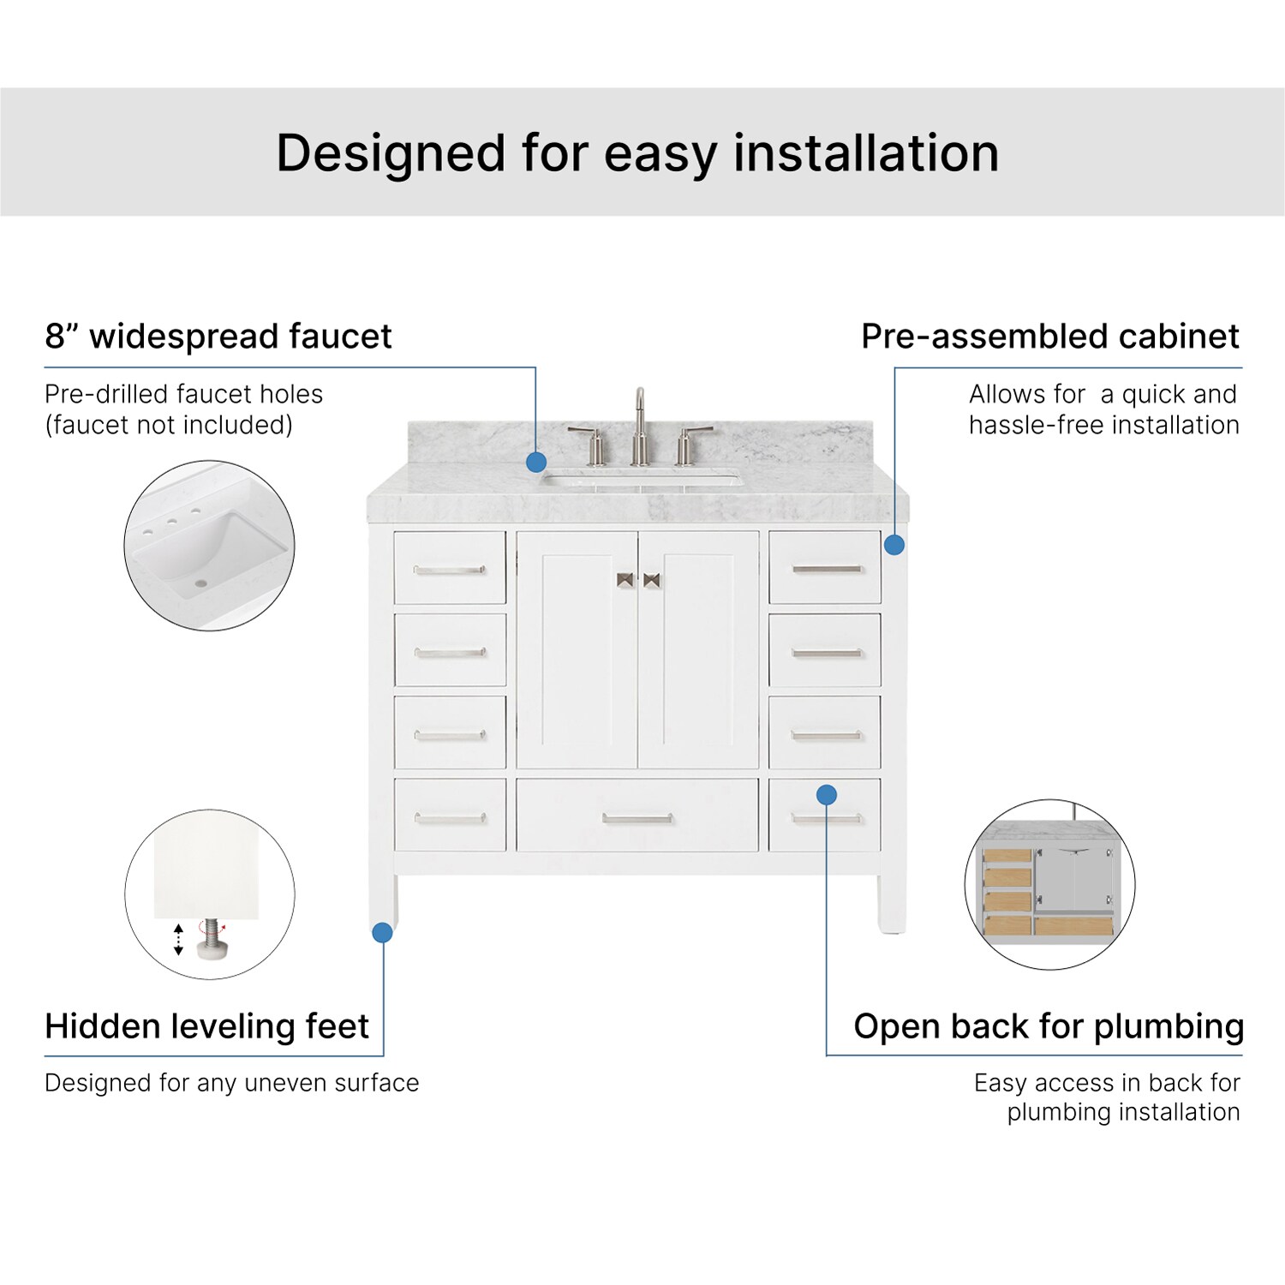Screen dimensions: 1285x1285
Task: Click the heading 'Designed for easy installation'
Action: [637, 153]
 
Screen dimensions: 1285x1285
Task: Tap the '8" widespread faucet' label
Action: [218, 336]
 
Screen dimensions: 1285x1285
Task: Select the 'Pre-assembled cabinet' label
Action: [1050, 336]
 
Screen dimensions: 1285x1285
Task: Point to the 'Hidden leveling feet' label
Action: [206, 1025]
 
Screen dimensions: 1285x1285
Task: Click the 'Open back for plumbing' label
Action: [1049, 1025]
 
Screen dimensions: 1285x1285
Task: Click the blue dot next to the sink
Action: [536, 463]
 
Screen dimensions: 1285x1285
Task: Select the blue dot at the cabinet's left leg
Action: [383, 932]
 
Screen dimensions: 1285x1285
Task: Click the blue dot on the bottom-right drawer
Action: [827, 795]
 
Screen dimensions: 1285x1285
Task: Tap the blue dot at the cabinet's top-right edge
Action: [894, 544]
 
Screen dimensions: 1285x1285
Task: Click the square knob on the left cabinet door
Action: [625, 580]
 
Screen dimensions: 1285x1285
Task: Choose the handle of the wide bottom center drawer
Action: [637, 818]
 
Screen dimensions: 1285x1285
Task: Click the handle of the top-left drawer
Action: [450, 570]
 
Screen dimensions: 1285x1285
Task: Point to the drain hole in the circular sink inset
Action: [201, 583]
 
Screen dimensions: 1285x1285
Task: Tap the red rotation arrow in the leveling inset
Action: [212, 926]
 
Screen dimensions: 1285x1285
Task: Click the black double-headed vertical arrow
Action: [178, 940]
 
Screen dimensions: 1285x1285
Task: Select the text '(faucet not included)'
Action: [169, 425]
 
